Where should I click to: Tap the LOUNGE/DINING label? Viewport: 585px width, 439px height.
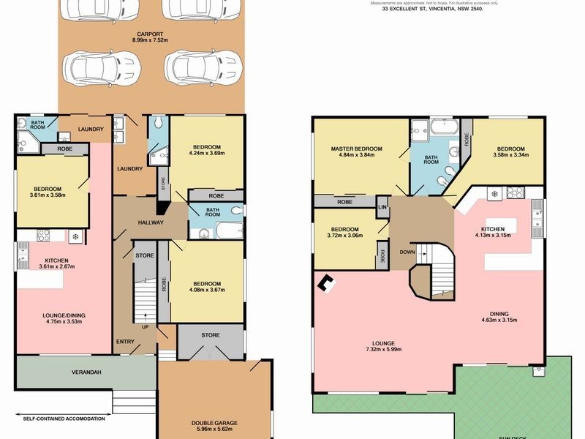(x=61, y=316)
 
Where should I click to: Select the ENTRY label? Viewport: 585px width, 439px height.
(x=124, y=342)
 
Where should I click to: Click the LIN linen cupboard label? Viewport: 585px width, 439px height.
(x=382, y=207)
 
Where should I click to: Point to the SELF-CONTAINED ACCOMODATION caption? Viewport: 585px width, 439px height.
(x=64, y=419)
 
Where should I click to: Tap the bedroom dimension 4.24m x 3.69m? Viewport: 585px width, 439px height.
(x=206, y=153)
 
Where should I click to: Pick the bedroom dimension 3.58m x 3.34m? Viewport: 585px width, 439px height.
(x=509, y=154)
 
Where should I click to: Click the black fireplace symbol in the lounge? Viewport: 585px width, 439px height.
(x=327, y=282)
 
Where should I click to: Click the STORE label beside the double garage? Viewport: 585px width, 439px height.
(x=211, y=335)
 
